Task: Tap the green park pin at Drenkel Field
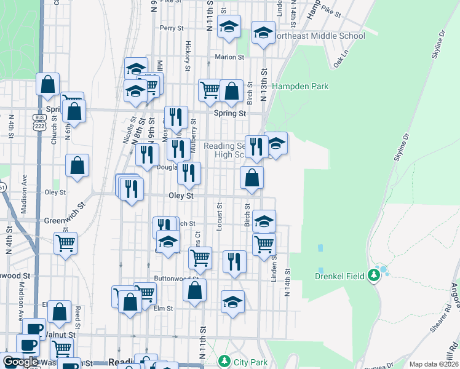(373, 274)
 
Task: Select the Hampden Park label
(300, 86)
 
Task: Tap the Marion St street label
(229, 57)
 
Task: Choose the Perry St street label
(172, 28)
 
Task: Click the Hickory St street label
(186, 55)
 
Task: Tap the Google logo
(21, 362)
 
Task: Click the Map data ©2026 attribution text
(433, 364)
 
